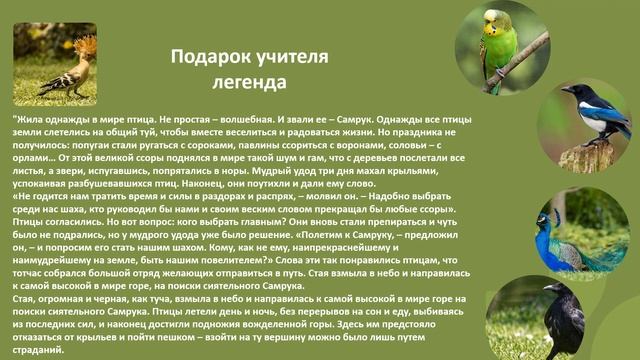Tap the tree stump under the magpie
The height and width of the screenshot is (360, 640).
577,156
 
